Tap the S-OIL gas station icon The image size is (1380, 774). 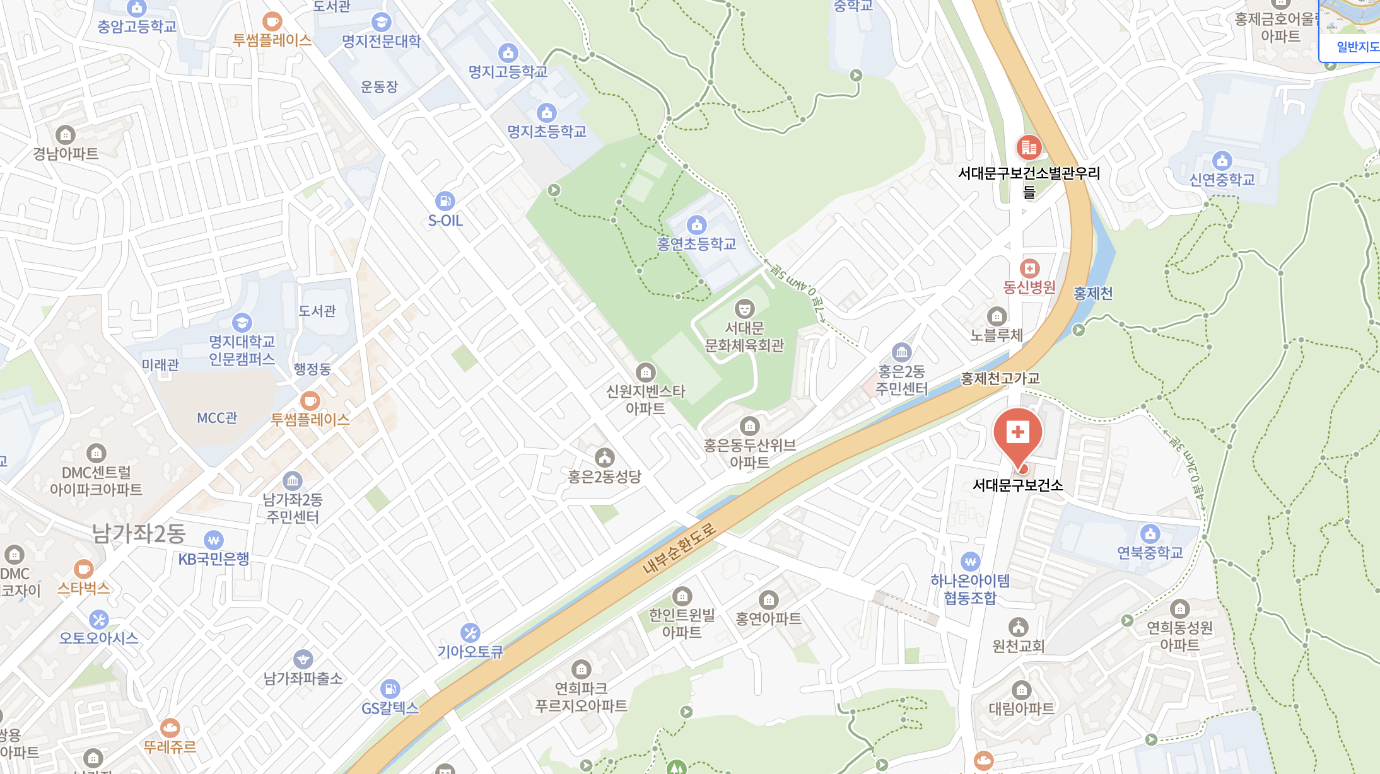445,201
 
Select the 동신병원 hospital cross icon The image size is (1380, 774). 1029,269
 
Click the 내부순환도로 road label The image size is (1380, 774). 679,548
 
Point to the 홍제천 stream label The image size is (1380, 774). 1093,293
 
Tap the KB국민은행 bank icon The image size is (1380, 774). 214,540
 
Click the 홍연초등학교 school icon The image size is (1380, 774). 696,224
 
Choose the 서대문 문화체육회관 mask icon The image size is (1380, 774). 744,309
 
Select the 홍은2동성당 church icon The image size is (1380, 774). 604,457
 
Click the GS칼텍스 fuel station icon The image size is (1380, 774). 390,688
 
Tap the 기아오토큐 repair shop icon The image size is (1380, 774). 470,632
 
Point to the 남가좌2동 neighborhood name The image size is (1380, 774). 139,533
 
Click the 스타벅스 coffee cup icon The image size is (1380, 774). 83,569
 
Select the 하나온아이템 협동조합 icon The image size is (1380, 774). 970,561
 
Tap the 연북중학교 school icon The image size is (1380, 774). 1150,533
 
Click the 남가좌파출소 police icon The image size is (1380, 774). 303,659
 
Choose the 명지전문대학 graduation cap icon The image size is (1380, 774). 381,22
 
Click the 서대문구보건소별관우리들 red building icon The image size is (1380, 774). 1029,147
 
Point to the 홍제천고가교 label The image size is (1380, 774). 1000,378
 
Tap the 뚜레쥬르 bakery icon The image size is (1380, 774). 170,728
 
